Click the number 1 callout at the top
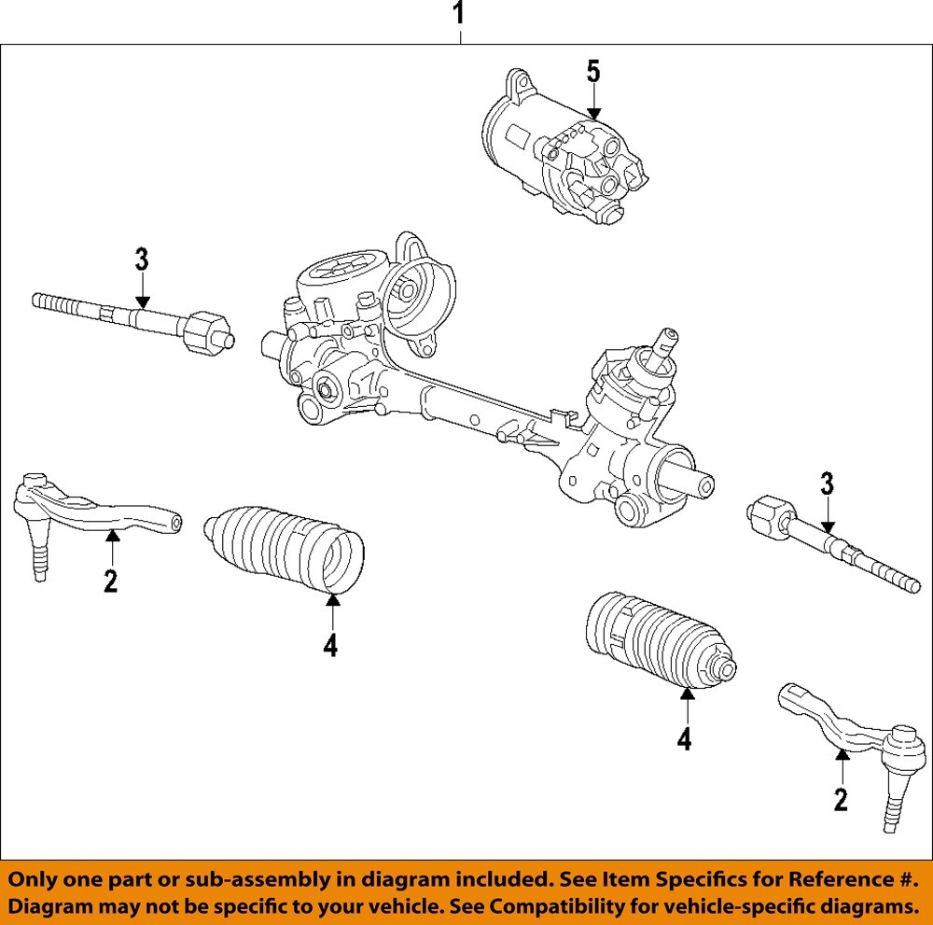pos(458,16)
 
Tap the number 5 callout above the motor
pos(593,73)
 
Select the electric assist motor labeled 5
pos(560,149)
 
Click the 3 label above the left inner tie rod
pos(141,260)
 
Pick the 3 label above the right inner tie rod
pos(827,484)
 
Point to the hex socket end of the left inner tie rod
pos(208,332)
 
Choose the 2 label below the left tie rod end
pos(111,582)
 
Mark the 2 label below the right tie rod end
pos(841,799)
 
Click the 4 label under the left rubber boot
pos(330,645)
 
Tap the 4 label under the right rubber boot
pos(685,739)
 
